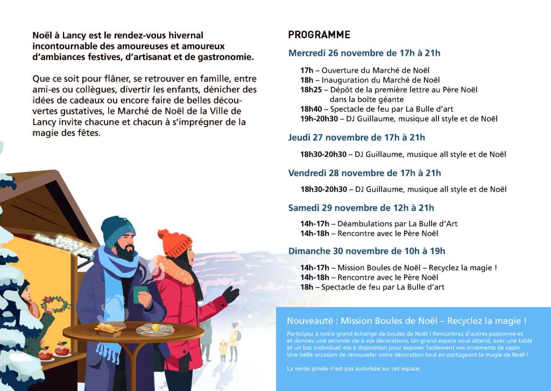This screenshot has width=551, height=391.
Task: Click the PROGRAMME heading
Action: click(319, 35)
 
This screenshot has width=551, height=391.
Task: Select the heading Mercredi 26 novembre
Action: click(364, 53)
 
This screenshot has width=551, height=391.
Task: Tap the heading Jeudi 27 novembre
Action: click(356, 137)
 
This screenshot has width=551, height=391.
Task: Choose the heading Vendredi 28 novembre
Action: click(364, 173)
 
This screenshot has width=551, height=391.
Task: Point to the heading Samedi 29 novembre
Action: click(361, 208)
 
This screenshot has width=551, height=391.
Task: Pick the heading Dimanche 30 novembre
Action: click(366, 251)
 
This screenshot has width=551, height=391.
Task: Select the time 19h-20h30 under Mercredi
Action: click(319, 119)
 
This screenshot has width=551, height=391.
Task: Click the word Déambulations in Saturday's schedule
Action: click(365, 223)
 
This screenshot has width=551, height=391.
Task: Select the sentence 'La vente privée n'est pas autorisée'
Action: click(354, 368)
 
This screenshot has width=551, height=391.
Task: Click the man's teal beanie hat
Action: click(118, 230)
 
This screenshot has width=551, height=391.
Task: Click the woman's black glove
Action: click(231, 294)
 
